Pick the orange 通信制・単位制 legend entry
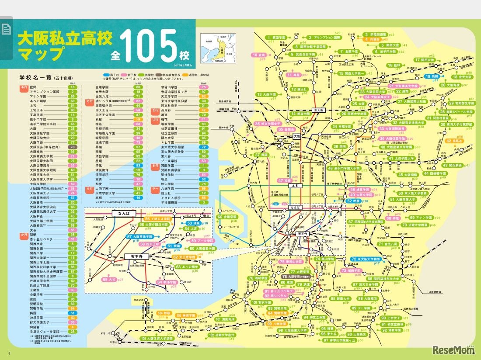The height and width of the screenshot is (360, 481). click(192, 75)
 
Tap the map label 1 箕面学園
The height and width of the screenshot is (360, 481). click(276, 38)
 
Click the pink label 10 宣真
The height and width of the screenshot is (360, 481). click(259, 55)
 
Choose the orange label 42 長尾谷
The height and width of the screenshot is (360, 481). click(457, 141)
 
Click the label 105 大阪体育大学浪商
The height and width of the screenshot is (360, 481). click(157, 339)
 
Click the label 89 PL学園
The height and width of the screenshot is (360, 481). click(361, 308)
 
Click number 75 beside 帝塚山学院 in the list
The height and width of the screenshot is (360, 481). click(204, 87)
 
